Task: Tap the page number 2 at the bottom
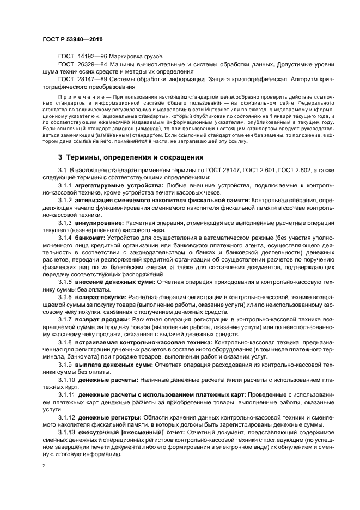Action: point(44,466)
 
